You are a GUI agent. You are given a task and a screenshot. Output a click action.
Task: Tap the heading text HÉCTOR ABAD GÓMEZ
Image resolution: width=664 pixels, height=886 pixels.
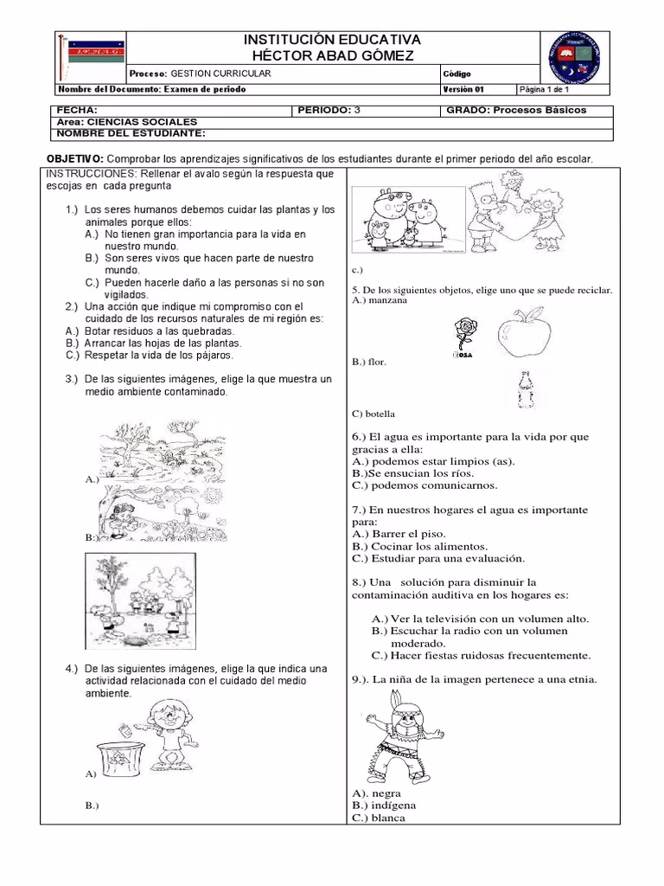tap(331, 55)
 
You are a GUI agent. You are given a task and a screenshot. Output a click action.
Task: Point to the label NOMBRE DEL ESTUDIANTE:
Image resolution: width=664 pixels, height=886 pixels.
tap(131, 133)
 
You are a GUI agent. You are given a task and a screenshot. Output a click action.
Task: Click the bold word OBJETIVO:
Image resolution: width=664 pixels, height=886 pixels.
tap(75, 159)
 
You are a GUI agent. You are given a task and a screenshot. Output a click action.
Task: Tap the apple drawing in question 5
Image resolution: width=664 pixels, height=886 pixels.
tap(527, 334)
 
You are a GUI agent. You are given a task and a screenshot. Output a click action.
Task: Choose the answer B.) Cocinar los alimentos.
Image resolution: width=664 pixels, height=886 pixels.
tap(419, 547)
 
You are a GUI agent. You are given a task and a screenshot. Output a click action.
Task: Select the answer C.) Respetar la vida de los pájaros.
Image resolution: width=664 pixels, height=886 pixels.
tap(149, 355)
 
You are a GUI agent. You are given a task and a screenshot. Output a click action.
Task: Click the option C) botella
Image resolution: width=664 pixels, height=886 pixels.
tap(373, 414)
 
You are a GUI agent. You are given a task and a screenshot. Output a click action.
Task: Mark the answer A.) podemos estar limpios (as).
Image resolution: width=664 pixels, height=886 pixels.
tap(432, 461)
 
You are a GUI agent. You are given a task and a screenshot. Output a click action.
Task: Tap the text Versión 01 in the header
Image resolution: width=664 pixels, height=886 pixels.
tap(464, 89)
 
